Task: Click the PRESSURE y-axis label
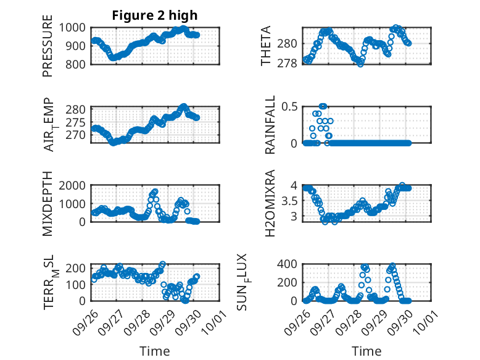pyautogui.click(x=48, y=47)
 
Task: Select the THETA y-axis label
pyautogui.click(x=266, y=46)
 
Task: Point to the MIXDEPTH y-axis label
pyautogui.click(x=48, y=204)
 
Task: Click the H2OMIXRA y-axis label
pyautogui.click(x=270, y=204)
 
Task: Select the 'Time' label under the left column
pyautogui.click(x=154, y=351)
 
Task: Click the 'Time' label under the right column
pyautogui.click(x=366, y=351)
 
